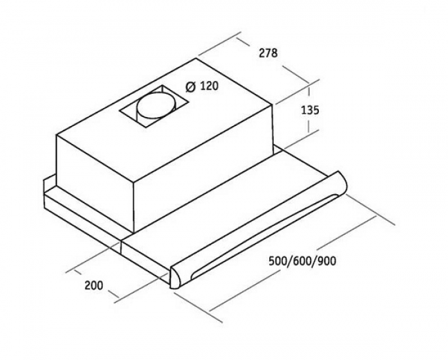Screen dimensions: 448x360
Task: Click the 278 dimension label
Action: pos(268,53)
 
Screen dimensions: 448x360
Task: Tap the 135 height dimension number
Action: pos(310,110)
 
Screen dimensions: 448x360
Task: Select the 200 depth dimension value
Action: pos(94,285)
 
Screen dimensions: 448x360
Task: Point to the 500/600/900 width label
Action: pos(302,261)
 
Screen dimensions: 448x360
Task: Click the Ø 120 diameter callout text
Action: pos(202,85)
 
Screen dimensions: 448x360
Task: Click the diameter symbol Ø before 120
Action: pos(190,86)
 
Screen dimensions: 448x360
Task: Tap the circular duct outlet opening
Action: pos(156,105)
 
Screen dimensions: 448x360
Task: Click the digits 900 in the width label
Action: pos(327,261)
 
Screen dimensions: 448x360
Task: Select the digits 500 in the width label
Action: pos(278,261)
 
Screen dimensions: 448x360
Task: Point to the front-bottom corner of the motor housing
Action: pos(134,232)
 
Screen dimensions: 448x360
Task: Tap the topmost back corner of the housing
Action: pos(196,59)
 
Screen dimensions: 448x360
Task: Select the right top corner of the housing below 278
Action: pos(274,105)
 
